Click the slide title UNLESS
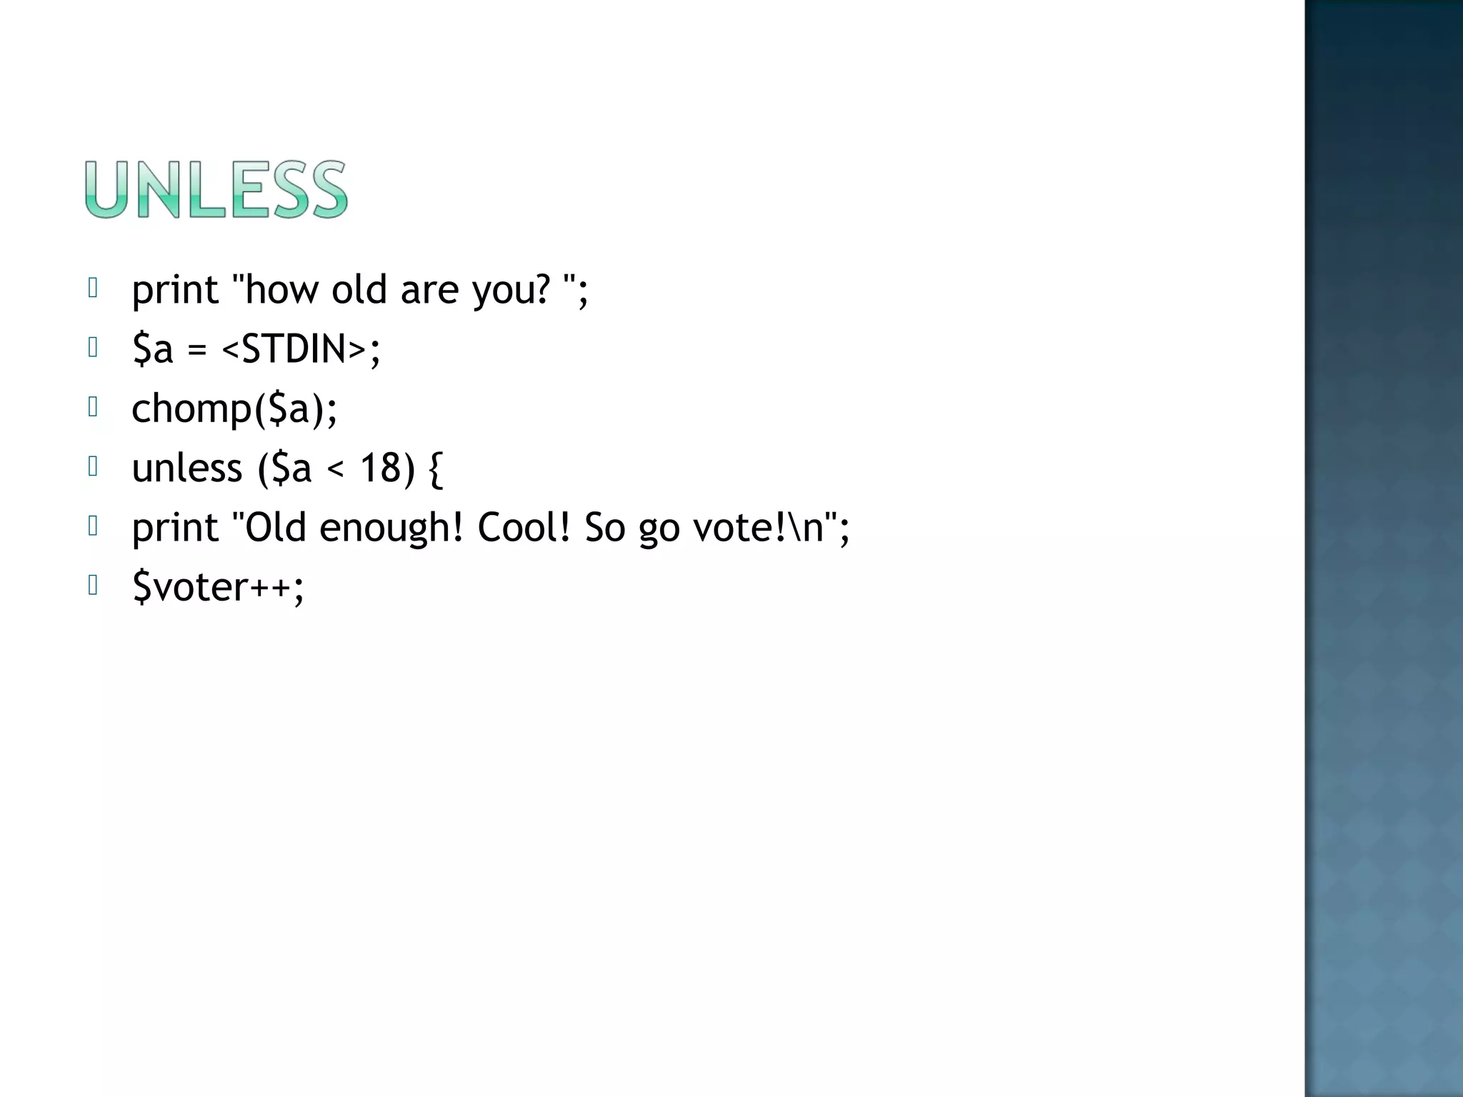click(x=216, y=189)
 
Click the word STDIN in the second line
click(x=294, y=349)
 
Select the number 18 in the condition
click(x=378, y=469)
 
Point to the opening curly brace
click(x=435, y=469)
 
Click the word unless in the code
click(x=187, y=469)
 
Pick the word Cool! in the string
click(x=524, y=528)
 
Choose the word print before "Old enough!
click(x=175, y=529)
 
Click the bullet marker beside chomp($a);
click(x=93, y=407)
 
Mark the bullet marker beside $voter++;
click(x=93, y=586)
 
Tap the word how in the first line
click(x=281, y=290)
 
